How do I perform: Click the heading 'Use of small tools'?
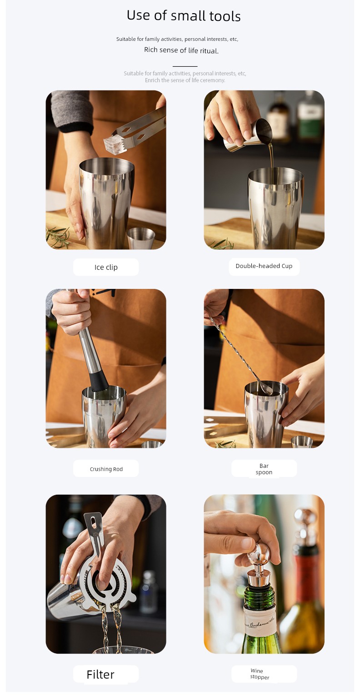point(184,15)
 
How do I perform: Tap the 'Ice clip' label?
point(106,267)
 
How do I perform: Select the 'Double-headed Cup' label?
point(264,266)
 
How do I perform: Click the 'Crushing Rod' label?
point(106,469)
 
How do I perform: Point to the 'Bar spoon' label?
point(264,469)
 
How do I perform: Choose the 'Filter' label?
point(100,675)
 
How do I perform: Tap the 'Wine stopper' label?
point(260,674)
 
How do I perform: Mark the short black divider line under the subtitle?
point(185,66)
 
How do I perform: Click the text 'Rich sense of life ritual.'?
point(181,50)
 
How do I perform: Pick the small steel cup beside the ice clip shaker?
point(141,238)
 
